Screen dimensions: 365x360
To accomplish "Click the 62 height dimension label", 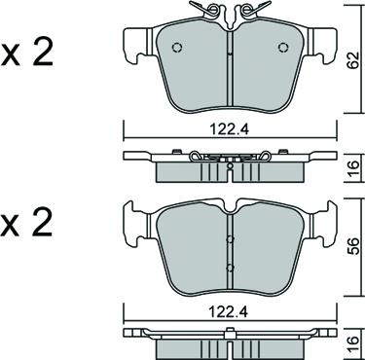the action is (x=353, y=59).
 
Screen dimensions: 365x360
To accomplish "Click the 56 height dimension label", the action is (x=353, y=247).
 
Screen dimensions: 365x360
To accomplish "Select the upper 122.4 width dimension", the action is (x=230, y=129).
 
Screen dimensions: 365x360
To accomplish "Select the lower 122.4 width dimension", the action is (x=229, y=312).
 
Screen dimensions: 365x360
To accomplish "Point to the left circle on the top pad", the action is (x=177, y=48).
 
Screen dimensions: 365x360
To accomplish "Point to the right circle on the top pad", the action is (x=283, y=48).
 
